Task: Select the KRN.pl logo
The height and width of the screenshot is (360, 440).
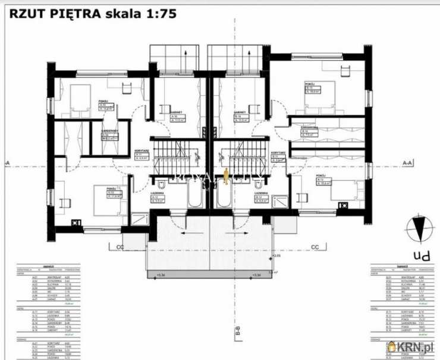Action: click(x=410, y=346)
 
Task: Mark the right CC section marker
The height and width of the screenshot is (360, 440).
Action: click(x=315, y=247)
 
